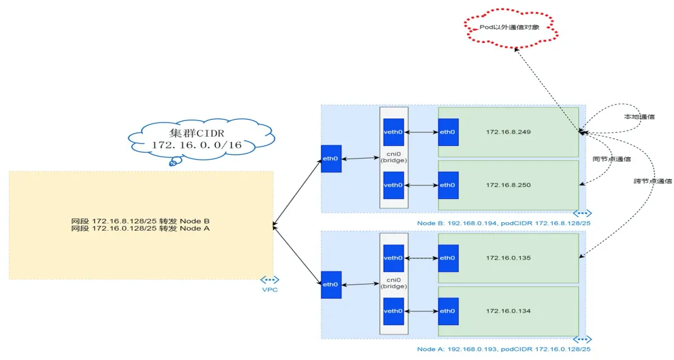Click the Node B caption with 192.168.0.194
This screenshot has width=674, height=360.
pos(504,223)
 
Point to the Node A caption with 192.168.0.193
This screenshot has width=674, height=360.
pos(504,349)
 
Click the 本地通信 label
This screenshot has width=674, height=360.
pos(639,117)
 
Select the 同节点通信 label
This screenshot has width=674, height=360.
pos(611,159)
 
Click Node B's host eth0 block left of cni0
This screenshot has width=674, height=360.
pos(331,158)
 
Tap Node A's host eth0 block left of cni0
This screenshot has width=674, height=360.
pos(331,285)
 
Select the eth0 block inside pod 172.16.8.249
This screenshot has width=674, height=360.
pos(447,132)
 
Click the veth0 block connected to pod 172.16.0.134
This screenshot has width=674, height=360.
pos(393,311)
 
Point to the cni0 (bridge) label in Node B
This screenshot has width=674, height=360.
pos(393,156)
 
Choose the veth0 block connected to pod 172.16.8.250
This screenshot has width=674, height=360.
pos(393,185)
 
